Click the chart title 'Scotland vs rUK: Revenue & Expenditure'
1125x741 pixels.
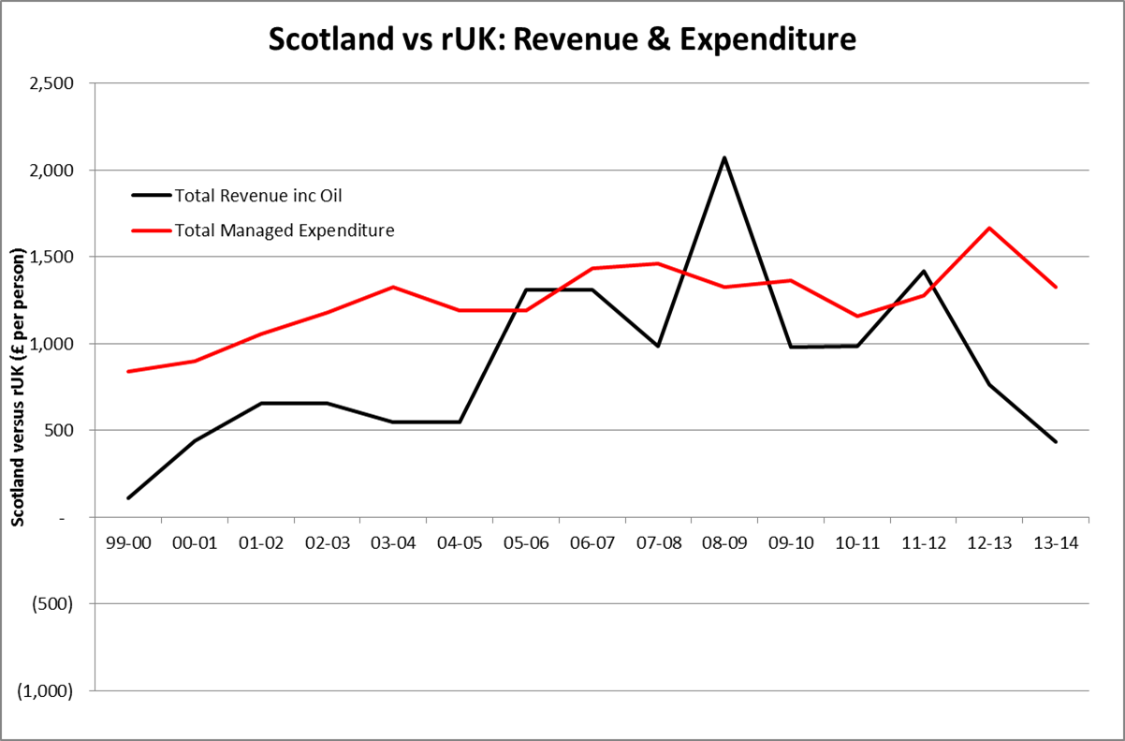tap(562, 39)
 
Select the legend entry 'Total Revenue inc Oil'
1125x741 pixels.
tap(255, 195)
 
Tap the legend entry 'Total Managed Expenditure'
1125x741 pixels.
tap(284, 230)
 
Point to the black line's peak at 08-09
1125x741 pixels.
tap(723, 157)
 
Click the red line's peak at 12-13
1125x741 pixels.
tap(989, 228)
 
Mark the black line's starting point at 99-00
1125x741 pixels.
tap(128, 497)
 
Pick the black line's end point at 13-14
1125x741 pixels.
tap(1056, 441)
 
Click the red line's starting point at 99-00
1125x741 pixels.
tap(128, 371)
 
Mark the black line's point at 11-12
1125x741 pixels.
tap(923, 271)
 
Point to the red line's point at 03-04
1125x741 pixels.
tap(393, 287)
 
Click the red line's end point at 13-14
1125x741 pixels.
tap(1056, 287)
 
